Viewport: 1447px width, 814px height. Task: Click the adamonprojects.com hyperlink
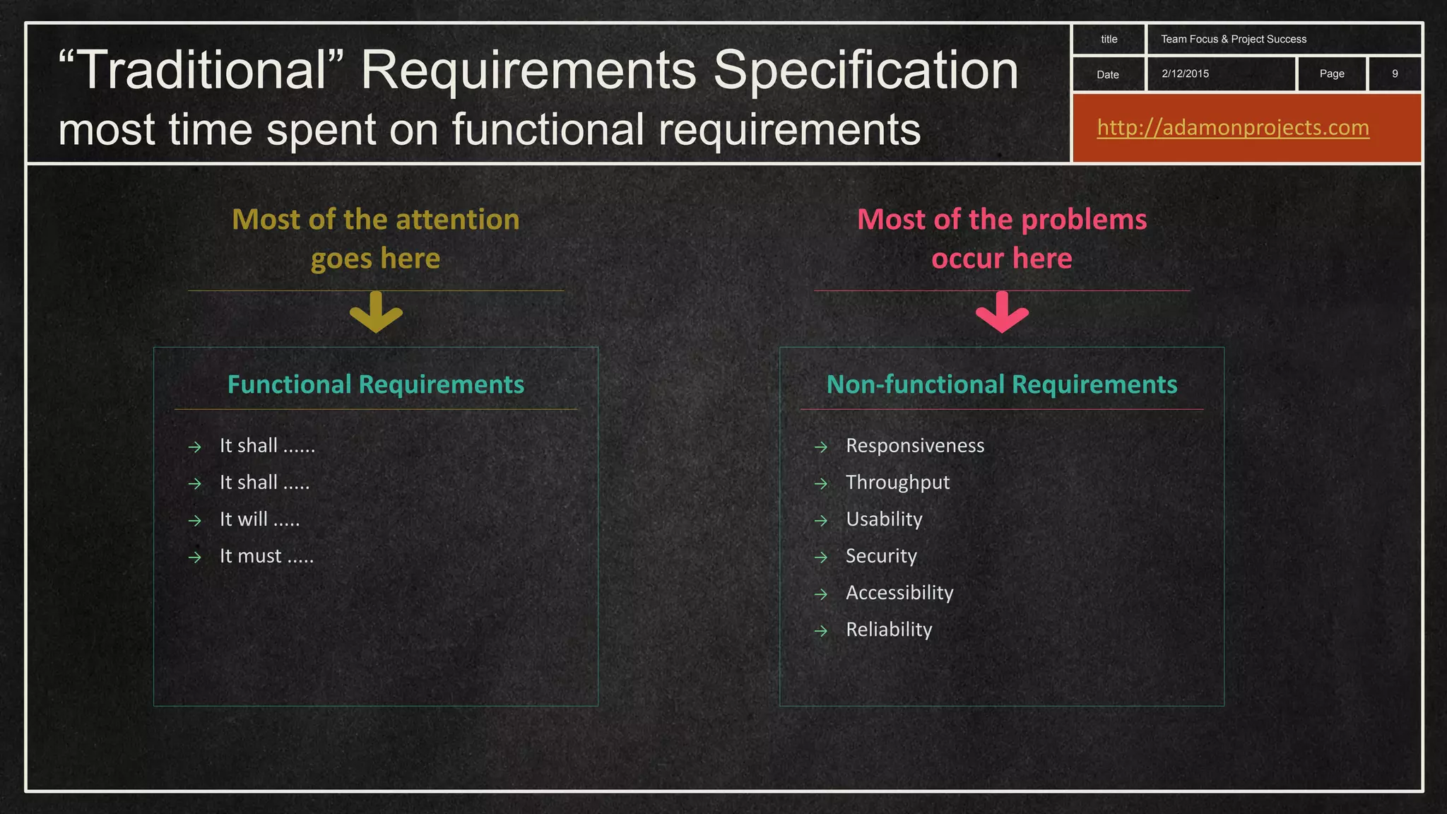pos(1232,128)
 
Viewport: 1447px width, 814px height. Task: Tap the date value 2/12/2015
pos(1185,73)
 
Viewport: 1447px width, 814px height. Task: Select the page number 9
pos(1395,73)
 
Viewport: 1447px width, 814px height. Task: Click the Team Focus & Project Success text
pos(1233,40)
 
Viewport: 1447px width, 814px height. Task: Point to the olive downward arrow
pos(376,312)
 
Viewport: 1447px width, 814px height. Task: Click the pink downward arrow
pos(1002,312)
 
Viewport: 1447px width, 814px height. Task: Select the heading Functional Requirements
pos(376,384)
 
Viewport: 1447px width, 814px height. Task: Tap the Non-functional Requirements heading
pos(1002,384)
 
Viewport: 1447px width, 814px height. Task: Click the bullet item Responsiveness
pos(915,446)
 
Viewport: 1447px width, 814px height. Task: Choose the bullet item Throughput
pos(897,483)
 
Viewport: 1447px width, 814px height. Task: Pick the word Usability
pos(884,519)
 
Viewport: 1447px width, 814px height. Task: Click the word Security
pos(881,556)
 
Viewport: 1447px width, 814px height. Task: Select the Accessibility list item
pos(899,593)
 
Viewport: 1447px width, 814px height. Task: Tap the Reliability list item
pos(889,630)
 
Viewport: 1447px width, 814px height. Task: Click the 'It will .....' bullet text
pos(259,519)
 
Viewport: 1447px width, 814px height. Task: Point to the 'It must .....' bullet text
pos(266,556)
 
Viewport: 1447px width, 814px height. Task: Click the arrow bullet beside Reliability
pos(820,631)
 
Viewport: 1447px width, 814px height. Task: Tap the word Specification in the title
pos(865,70)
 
